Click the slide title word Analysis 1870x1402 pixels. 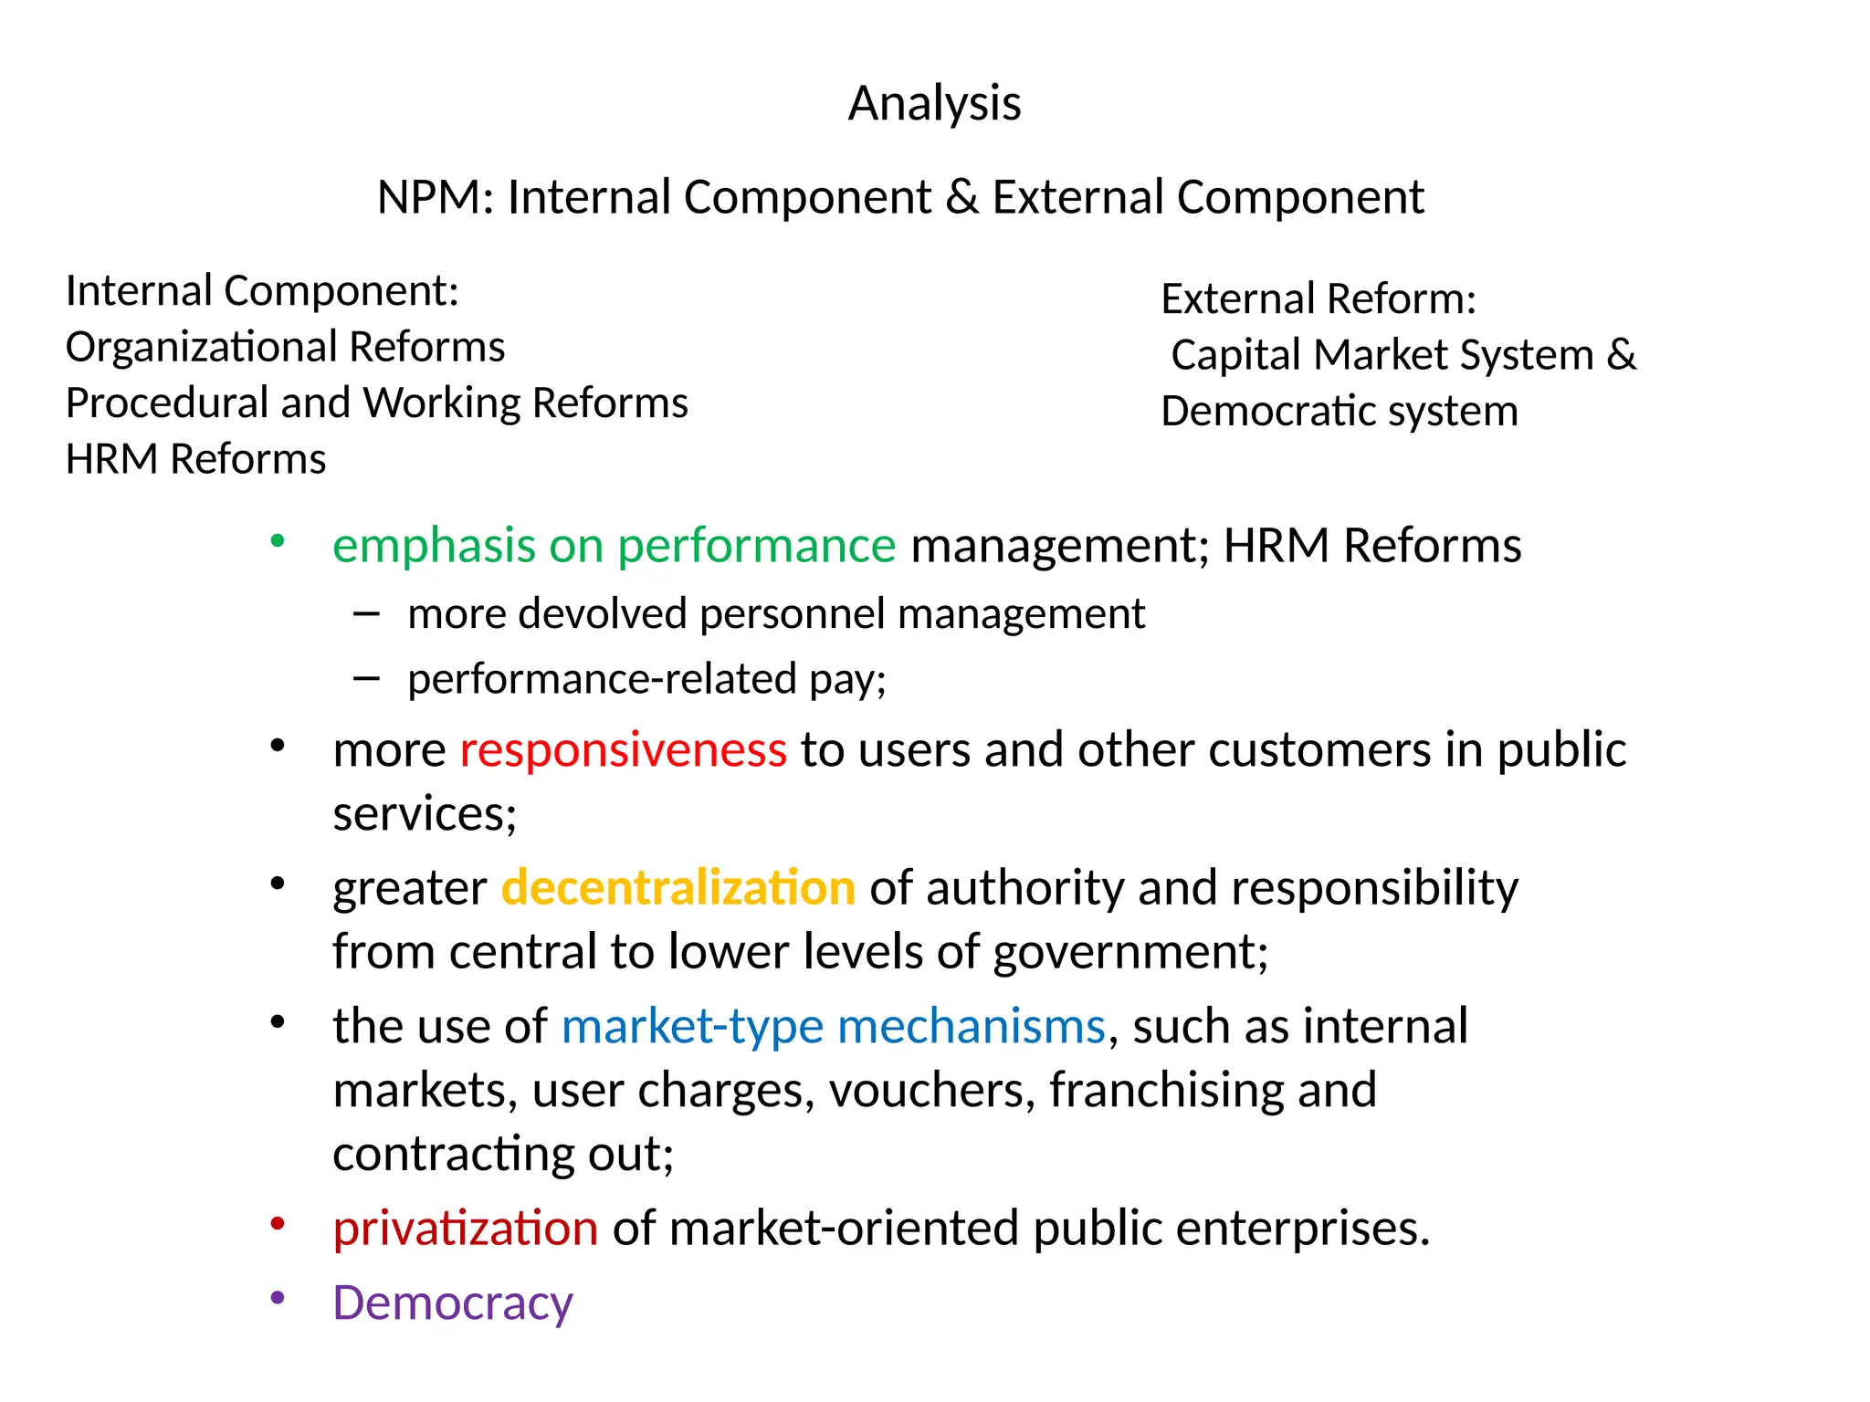point(934,103)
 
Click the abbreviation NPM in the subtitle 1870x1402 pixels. point(429,197)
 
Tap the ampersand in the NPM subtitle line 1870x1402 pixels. point(961,197)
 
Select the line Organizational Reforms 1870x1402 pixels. point(285,347)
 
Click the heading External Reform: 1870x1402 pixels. point(1318,298)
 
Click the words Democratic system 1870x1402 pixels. point(1339,411)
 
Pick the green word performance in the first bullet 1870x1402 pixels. point(757,546)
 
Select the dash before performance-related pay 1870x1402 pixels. point(366,678)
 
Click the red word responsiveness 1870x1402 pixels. point(623,750)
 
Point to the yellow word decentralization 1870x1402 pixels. point(678,888)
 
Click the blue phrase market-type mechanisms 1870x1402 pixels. point(833,1026)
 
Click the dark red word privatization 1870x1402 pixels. point(465,1229)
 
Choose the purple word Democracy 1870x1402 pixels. point(452,1303)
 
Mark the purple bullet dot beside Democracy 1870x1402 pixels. point(278,1297)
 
